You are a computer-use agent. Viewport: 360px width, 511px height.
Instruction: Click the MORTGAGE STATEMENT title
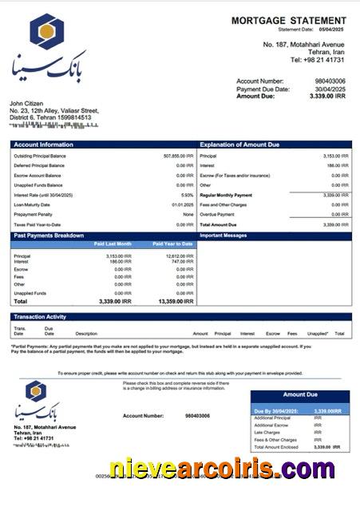pyautogui.click(x=289, y=20)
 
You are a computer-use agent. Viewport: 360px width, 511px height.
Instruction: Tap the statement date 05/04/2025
pyautogui.click(x=331, y=30)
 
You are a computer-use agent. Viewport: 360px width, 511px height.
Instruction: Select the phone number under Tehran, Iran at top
pyautogui.click(x=317, y=60)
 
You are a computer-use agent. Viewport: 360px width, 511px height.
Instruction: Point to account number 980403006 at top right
pyautogui.click(x=330, y=81)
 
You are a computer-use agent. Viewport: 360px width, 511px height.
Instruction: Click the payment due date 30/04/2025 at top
pyautogui.click(x=330, y=89)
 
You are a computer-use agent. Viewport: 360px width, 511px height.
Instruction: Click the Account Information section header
pyautogui.click(x=44, y=145)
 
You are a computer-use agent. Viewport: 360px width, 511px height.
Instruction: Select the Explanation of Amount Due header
pyautogui.click(x=239, y=145)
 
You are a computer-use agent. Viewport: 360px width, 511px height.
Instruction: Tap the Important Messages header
pyautogui.click(x=224, y=236)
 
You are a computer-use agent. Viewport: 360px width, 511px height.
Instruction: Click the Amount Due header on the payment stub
pyautogui.click(x=300, y=394)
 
